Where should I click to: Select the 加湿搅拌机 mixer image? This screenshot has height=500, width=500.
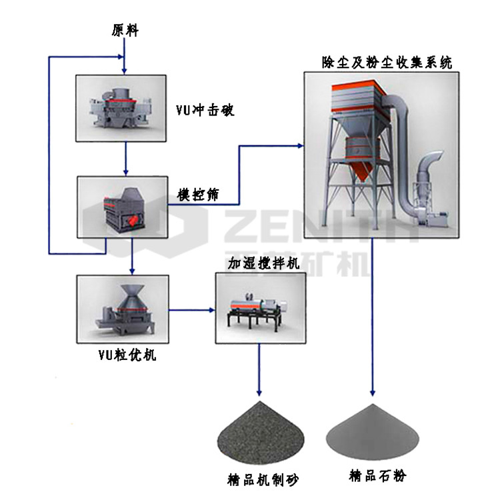(256, 307)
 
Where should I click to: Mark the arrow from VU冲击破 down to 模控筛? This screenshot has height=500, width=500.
(125, 158)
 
